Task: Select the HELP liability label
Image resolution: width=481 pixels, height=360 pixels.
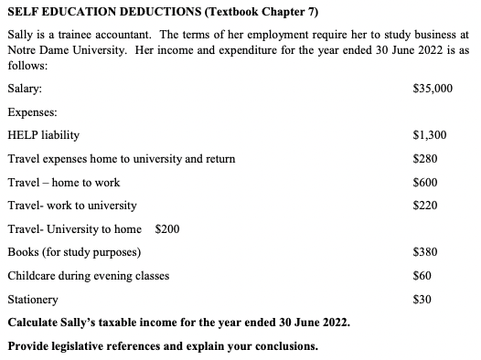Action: pos(43,135)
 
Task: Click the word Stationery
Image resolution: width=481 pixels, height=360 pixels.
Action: pos(33,299)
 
